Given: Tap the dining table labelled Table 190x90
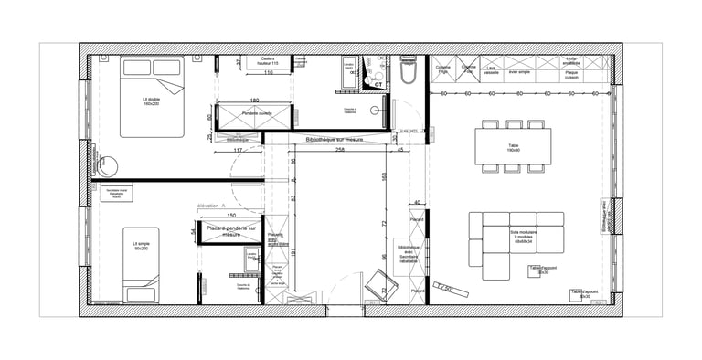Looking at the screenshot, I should pyautogui.click(x=512, y=146).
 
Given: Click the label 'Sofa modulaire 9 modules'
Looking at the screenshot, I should pyautogui.click(x=523, y=238).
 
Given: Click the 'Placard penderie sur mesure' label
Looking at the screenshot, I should pyautogui.click(x=229, y=231).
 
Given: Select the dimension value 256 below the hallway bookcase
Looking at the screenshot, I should pyautogui.click(x=339, y=149).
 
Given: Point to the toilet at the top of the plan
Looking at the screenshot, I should pyautogui.click(x=408, y=72).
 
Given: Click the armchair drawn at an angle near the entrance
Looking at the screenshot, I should pyautogui.click(x=376, y=287).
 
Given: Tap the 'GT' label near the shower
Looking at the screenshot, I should pyautogui.click(x=378, y=85).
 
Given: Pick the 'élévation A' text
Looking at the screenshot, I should pyautogui.click(x=212, y=206).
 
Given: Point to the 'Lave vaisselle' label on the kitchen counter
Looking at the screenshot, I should pyautogui.click(x=492, y=69).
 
